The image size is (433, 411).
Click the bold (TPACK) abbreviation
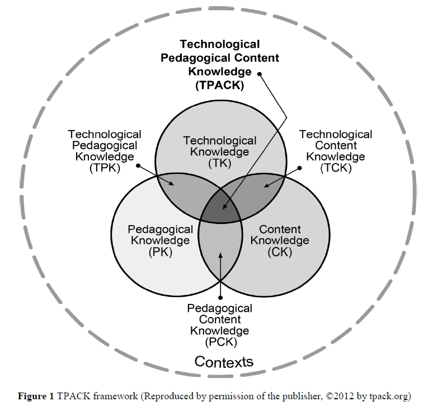[x=220, y=85]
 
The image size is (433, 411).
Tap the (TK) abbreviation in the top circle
[x=220, y=163]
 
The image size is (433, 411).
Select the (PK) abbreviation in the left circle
[x=161, y=252]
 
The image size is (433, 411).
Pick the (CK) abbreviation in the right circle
[x=280, y=252]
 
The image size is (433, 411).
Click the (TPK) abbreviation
[x=105, y=168]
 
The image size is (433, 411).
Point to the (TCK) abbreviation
[x=336, y=168]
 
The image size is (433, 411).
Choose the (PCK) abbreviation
[x=221, y=342]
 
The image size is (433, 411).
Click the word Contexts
[x=224, y=362]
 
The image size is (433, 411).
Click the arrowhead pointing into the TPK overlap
[x=172, y=183]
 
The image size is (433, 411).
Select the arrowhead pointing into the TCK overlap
[x=266, y=185]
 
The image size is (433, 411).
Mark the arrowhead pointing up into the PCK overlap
[x=220, y=255]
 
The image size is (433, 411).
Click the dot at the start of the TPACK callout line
[x=260, y=74]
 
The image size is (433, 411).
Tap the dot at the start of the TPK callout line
[x=138, y=166]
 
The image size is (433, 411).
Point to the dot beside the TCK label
[x=299, y=168]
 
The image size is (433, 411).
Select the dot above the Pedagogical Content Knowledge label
[x=220, y=298]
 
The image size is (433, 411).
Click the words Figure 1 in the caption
[x=36, y=396]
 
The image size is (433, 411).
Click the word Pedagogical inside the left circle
[x=161, y=230]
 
